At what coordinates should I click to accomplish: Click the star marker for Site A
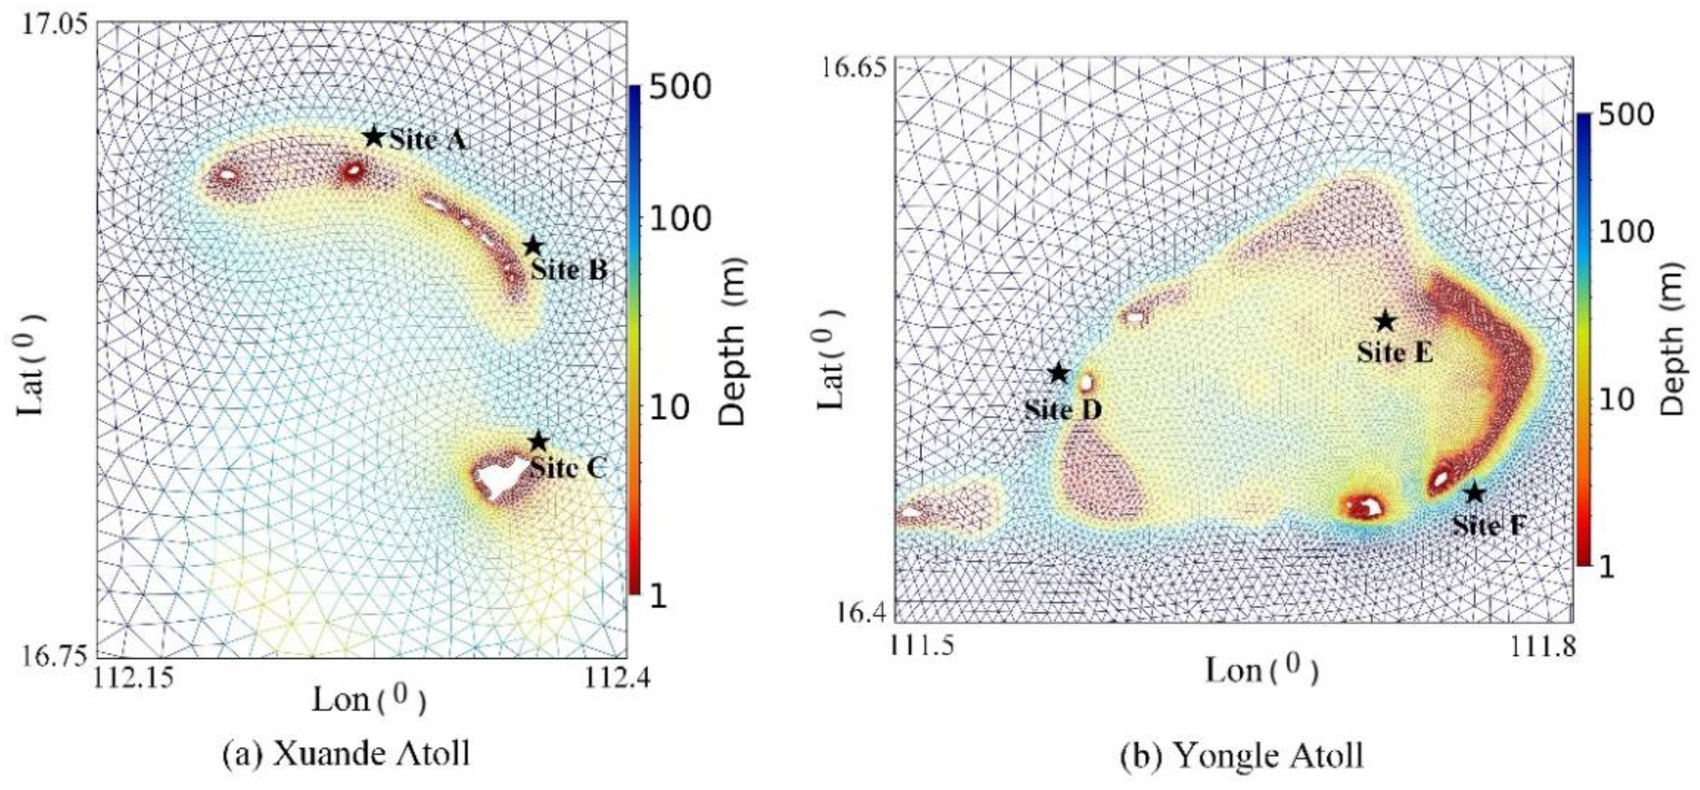[x=373, y=137]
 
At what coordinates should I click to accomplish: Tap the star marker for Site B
[x=533, y=246]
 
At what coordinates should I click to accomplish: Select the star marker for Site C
[x=538, y=441]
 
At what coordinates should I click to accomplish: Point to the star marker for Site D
[x=1058, y=374]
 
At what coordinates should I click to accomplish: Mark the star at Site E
[x=1385, y=321]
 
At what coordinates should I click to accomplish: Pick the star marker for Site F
[x=1474, y=492]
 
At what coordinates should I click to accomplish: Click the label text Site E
[x=1394, y=352]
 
